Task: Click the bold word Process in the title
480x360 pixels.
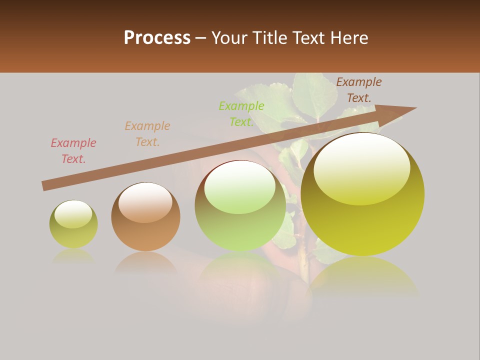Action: tap(157, 37)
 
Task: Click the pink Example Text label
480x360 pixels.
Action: tap(73, 151)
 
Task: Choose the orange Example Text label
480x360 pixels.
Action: tap(147, 134)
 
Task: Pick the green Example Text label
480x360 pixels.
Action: tap(241, 114)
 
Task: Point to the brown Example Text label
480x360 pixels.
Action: tap(359, 90)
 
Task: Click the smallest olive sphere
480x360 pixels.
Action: tap(73, 230)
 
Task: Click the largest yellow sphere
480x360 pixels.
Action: tap(362, 215)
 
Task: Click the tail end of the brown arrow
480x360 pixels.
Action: tap(44, 186)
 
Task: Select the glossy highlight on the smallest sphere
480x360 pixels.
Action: tap(73, 214)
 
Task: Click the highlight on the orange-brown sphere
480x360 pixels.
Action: tap(145, 201)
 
